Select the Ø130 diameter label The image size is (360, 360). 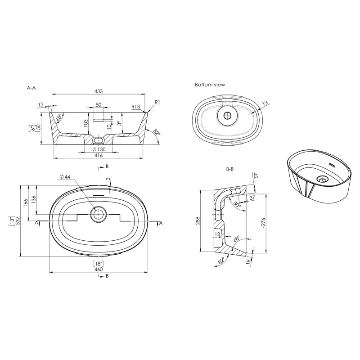(99, 149)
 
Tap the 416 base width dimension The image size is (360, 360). (99, 156)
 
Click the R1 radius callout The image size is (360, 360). (157, 103)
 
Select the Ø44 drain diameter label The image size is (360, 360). (65, 177)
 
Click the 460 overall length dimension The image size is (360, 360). (99, 269)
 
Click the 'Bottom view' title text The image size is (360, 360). (210, 85)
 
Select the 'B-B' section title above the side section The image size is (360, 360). (229, 170)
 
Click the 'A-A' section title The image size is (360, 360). (31, 88)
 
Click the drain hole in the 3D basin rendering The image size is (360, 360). (321, 179)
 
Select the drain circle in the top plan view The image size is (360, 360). (98, 215)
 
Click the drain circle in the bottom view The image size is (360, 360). (227, 115)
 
